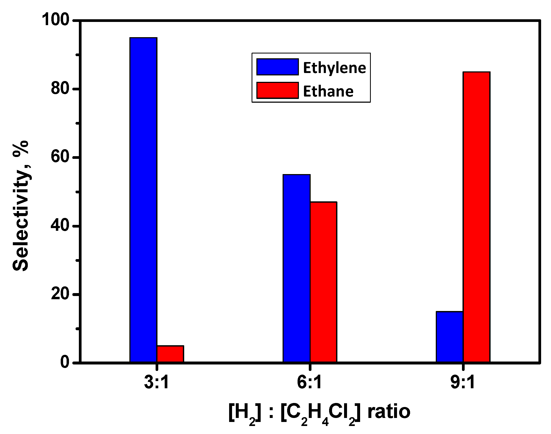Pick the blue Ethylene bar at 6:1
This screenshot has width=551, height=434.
pos(296,268)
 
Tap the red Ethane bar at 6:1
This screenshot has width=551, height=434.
pos(323,282)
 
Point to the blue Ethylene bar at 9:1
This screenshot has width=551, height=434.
pos(449,337)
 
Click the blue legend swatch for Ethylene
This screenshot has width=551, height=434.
pos(277,67)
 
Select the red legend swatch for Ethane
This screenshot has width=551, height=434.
pos(277,90)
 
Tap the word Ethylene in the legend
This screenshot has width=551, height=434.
pos(334,68)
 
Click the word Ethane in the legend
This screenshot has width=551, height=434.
pos(328,91)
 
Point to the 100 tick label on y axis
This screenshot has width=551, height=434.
pos(55,21)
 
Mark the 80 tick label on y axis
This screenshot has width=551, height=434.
pos(60,89)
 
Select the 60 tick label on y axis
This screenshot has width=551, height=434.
pos(60,158)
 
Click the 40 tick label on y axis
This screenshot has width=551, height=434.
pos(60,226)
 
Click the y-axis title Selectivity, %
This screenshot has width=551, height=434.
pos(21,205)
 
